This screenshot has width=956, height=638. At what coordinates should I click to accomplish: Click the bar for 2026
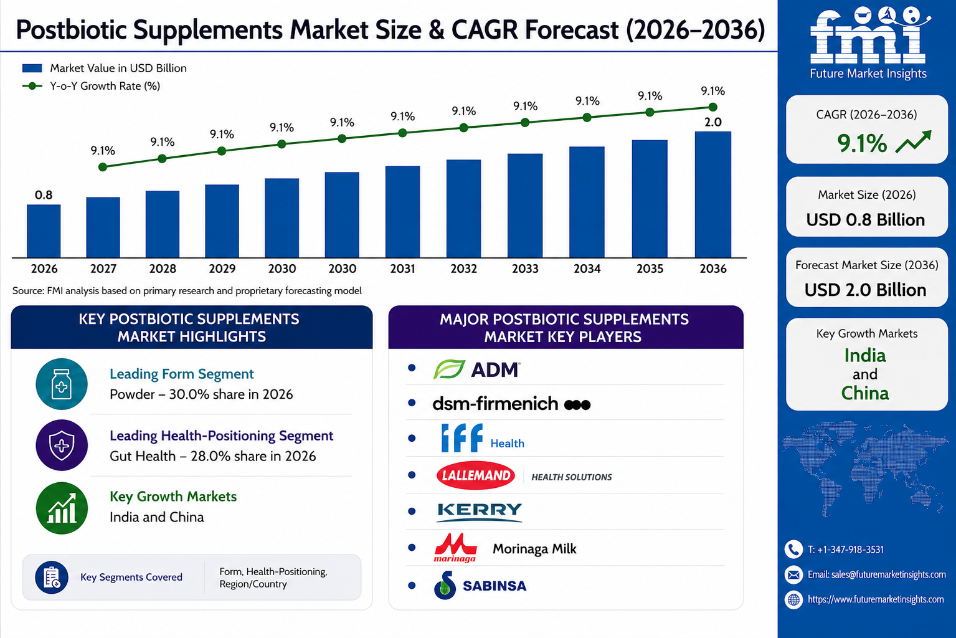pos(44,231)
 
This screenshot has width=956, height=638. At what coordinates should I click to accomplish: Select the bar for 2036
pos(712,194)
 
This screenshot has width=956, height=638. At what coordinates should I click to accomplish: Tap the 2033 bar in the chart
pos(525,206)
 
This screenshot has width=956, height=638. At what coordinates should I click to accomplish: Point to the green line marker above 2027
pos(102,167)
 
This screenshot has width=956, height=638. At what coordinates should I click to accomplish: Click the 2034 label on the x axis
pos(587,269)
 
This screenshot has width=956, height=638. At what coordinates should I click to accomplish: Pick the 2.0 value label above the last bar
pos(712,122)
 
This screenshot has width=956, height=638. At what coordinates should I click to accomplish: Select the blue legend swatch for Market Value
pos(32,69)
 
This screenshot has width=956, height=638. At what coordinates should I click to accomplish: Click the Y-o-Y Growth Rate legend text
pos(105,86)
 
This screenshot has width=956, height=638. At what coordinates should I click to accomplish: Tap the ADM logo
pos(476,369)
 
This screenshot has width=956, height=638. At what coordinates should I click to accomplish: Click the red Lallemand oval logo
pos(475,475)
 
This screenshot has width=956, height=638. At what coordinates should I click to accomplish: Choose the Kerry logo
pos(480,512)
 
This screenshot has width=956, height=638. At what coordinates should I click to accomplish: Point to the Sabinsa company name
pos(495,586)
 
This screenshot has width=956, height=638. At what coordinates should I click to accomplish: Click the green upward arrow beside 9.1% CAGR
pos(913,142)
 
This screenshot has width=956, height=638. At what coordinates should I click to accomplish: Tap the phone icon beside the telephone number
pos(793,549)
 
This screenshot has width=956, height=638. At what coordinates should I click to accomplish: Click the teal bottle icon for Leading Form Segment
pos(62,384)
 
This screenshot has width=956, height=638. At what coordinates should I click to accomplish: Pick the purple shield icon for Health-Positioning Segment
pos(62,445)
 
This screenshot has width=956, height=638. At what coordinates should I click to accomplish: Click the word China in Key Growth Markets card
pos(865,393)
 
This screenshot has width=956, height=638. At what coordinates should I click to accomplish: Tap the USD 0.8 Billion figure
pos(866,220)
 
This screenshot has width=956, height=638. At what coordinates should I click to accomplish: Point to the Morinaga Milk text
pos(534,549)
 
